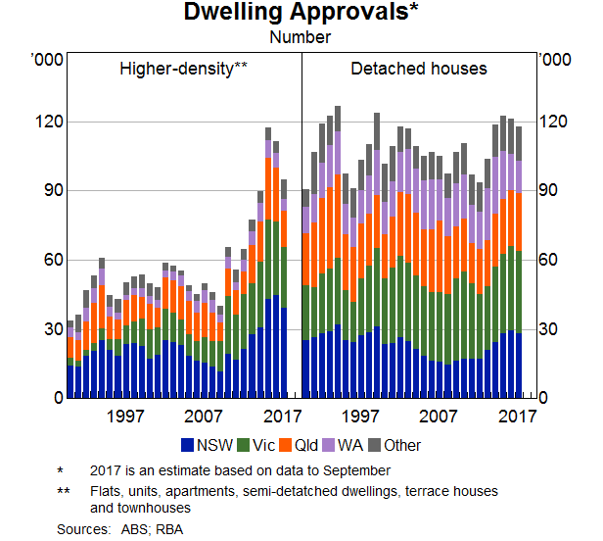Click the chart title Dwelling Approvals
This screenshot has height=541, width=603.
pyautogui.click(x=301, y=15)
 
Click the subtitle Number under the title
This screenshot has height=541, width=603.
pyautogui.click(x=301, y=38)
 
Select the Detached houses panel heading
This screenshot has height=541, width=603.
pyautogui.click(x=418, y=69)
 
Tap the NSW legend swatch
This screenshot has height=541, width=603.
pyautogui.click(x=189, y=445)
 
